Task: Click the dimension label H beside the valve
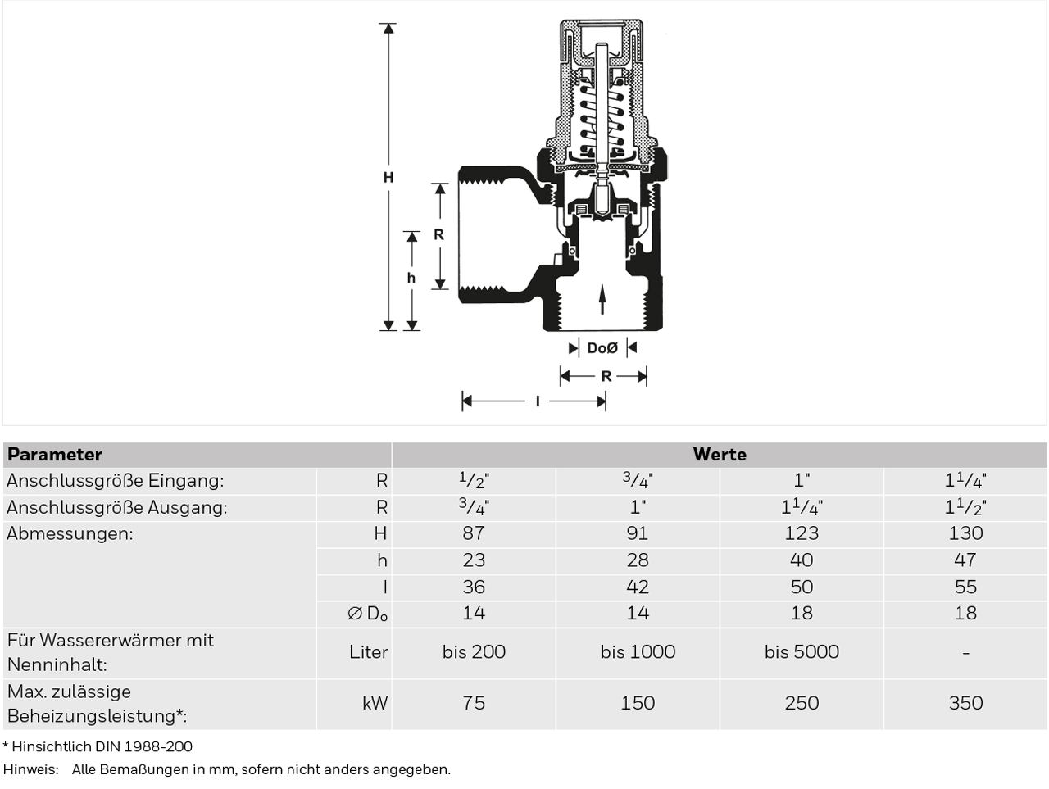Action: coord(388,178)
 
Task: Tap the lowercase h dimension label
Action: coord(411,278)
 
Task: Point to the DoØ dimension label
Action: coord(602,348)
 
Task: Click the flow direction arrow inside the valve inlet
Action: coord(602,299)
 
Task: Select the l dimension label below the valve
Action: coord(538,401)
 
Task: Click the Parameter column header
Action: coord(54,455)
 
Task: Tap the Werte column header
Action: coord(720,454)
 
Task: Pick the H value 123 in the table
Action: coord(802,533)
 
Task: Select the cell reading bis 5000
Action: coord(802,652)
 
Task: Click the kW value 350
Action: coord(965,703)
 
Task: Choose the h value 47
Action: coord(965,560)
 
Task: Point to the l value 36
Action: coord(474,587)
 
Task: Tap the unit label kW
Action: coord(375,703)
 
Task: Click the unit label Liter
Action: coord(368,652)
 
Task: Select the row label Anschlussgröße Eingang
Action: coord(116,480)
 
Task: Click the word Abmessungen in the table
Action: coord(70,533)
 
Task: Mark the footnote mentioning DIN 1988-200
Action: coord(98,747)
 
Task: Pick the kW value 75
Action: coord(474,703)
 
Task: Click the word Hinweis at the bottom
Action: coord(30,770)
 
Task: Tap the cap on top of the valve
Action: coord(602,25)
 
